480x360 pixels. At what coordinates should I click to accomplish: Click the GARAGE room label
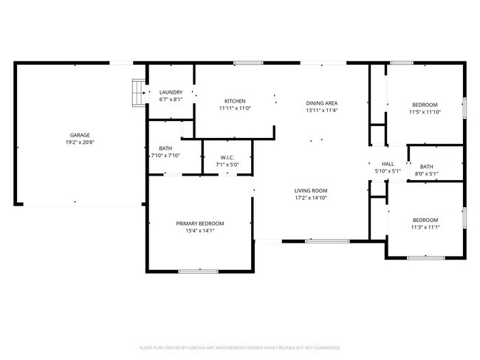coord(80,135)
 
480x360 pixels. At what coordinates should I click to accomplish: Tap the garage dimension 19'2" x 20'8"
coord(80,143)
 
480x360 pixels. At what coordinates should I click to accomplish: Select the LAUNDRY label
coord(171,92)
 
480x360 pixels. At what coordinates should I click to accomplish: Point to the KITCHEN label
coord(235,101)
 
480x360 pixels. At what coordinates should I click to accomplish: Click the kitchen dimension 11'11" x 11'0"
coord(235,108)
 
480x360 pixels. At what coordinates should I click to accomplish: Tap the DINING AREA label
coord(322,103)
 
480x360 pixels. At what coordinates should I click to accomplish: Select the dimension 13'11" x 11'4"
coord(322,111)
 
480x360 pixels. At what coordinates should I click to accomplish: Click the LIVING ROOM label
coord(310,190)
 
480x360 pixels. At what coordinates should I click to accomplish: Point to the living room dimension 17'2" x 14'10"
coord(310,198)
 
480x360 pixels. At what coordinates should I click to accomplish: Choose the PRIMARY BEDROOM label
coord(199,223)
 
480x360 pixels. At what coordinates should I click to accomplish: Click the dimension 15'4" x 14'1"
coord(199,230)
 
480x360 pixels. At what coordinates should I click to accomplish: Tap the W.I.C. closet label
coord(227,157)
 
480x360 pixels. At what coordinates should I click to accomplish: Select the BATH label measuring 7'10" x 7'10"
coord(165,148)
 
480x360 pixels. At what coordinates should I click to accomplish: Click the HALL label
coord(388,164)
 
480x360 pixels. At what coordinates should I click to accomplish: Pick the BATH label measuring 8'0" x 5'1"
coord(426,167)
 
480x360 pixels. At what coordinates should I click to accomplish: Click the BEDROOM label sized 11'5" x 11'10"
coord(424,105)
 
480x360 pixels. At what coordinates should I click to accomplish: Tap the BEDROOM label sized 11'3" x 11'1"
coord(425,220)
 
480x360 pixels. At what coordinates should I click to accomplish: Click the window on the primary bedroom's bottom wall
coord(197,271)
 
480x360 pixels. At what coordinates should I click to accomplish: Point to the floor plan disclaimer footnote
coord(239,347)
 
